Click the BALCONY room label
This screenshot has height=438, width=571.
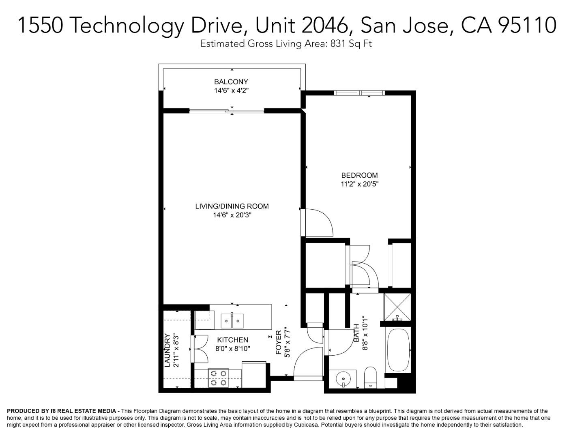coord(231,82)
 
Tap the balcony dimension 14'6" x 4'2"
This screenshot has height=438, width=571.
coord(231,91)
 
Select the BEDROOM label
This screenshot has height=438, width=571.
coord(359,175)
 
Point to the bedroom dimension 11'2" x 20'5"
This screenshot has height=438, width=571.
coord(359,184)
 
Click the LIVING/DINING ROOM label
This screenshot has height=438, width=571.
coord(232,206)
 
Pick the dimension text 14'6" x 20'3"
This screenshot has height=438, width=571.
coord(232,215)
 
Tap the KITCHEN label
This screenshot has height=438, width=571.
coord(232,340)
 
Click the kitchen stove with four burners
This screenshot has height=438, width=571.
coord(218,378)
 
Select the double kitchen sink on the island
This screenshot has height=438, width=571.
coord(232,321)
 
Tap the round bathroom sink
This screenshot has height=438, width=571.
coord(343,379)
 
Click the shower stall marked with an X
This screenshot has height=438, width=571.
coord(397,307)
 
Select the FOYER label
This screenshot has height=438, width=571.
coord(279,343)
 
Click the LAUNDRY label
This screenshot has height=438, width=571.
coord(167,350)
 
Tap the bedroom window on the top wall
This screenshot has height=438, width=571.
coord(359,93)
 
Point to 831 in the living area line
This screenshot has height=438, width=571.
coord(338,44)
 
